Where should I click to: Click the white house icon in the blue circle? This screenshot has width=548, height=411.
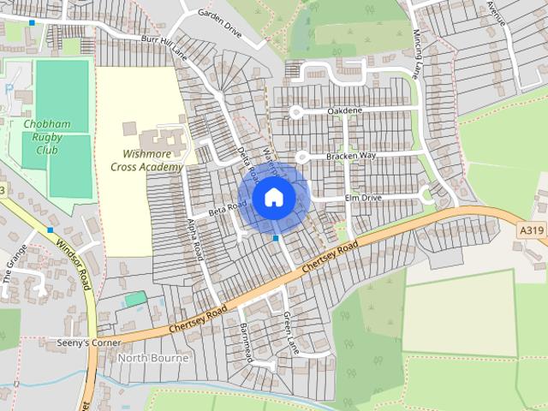273,197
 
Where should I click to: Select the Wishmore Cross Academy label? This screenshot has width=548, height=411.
146,161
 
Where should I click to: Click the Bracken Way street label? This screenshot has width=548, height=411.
350,156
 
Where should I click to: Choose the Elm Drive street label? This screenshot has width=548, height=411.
362,198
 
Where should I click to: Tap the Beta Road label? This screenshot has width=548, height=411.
228,207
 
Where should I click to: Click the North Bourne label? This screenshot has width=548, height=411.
152,358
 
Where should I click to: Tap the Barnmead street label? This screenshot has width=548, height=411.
247,342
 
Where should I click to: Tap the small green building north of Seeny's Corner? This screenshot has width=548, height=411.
134,299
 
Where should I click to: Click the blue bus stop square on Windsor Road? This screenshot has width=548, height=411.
51,229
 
